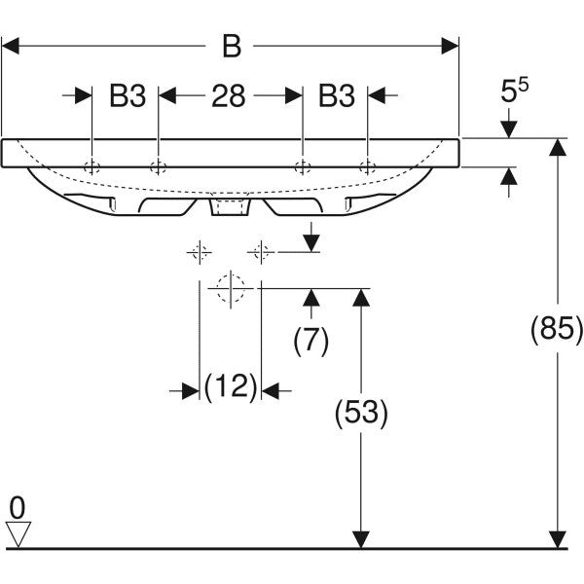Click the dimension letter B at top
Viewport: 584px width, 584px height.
pos(231,46)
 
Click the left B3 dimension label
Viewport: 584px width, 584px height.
pos(126,95)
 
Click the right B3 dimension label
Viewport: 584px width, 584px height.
pos(335,95)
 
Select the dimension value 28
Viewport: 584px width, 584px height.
pos(229,95)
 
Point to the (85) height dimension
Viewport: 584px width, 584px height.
pos(556,330)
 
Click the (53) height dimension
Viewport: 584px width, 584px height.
pos(361,413)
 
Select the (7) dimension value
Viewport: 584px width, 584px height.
pos(311,340)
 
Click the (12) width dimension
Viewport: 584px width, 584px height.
pos(230,389)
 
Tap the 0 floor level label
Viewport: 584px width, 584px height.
pos(17,507)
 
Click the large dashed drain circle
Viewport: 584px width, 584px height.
pos(231,288)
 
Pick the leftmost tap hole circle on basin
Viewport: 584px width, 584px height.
pos(91,164)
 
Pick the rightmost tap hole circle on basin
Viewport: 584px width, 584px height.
pos(367,164)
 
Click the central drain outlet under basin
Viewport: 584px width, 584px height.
pos(231,207)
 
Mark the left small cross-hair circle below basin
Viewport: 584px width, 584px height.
pos(200,253)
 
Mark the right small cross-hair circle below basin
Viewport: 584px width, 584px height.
pos(260,253)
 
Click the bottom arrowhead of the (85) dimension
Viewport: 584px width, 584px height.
pos(557,538)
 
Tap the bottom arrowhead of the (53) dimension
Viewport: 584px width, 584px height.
pos(361,538)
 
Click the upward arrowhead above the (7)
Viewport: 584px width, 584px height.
pos(311,296)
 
